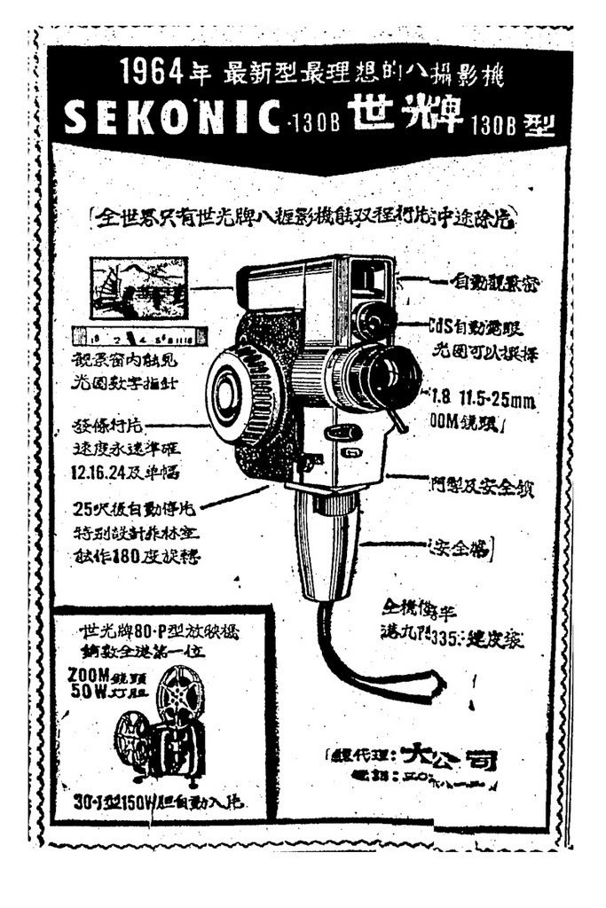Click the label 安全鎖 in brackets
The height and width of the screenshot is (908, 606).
click(x=460, y=544)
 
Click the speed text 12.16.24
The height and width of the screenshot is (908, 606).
click(x=104, y=473)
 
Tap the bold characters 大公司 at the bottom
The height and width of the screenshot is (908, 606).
click(x=448, y=756)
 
